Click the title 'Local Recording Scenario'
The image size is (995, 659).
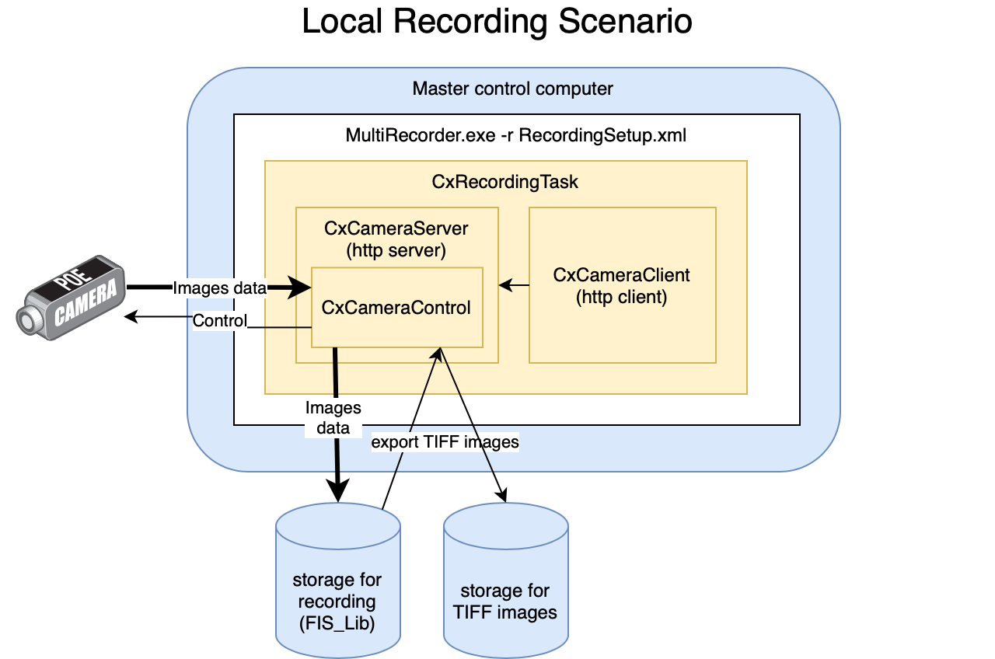coord(497,22)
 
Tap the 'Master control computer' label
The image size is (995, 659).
coord(512,89)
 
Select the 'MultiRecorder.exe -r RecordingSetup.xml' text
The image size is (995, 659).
coord(515,135)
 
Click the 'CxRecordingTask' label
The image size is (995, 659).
coord(505,182)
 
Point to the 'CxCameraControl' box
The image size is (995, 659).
coord(396,308)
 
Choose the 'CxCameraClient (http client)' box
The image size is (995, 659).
coord(622,285)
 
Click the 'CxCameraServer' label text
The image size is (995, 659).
coord(396,228)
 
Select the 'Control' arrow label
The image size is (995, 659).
coord(219,321)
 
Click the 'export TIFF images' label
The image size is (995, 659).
coord(445,442)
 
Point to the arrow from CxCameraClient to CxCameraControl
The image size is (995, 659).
coord(514,286)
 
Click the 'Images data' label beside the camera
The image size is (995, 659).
coord(219,288)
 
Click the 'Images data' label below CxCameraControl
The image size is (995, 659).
coord(333,417)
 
